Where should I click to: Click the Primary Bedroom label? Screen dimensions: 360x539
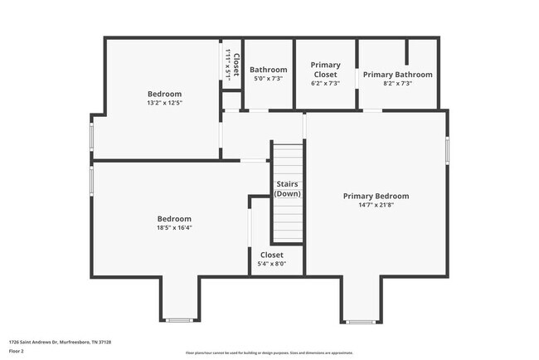[376, 196]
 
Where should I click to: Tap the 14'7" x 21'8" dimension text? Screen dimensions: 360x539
[376, 205]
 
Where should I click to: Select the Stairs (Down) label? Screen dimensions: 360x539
[288, 188]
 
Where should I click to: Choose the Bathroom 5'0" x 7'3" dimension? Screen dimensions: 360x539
[268, 79]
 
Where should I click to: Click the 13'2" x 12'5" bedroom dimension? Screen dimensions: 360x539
[164, 103]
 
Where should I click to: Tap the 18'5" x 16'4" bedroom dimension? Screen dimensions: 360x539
[174, 228]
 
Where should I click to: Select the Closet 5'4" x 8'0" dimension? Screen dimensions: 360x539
[272, 264]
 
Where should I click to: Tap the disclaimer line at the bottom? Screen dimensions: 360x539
[269, 353]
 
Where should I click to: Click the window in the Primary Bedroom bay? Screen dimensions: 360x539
[360, 321]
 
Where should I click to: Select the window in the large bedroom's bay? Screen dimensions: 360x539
[179, 319]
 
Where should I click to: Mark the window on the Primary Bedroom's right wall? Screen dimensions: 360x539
[447, 149]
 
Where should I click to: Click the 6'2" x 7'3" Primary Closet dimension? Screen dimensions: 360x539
[325, 83]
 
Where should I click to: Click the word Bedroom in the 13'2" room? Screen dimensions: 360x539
[164, 94]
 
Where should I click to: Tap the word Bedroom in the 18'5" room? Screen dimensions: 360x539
[174, 219]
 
